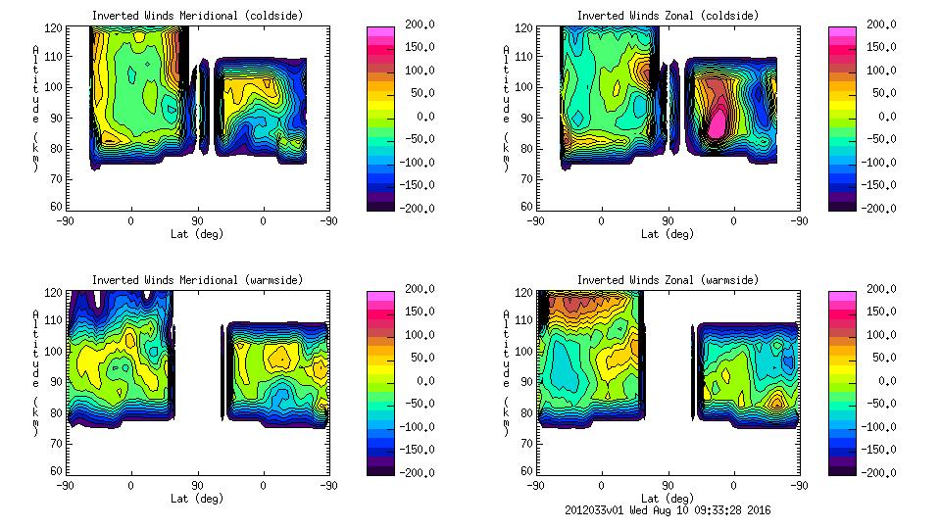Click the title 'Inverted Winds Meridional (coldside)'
[x=197, y=16]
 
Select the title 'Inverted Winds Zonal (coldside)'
[x=668, y=16]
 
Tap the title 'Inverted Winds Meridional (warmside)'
[x=197, y=280]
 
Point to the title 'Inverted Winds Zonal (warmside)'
[x=668, y=280]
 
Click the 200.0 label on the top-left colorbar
[x=415, y=24]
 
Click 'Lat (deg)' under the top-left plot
[x=197, y=234]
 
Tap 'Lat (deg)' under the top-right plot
[x=668, y=234]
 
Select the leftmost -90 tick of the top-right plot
[x=535, y=221]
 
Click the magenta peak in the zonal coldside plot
[x=718, y=122]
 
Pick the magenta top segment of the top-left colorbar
[x=380, y=31]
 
